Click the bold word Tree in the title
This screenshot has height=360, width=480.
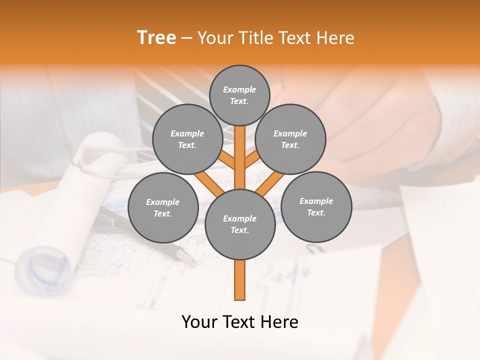click(x=156, y=38)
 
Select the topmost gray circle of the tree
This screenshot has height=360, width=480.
click(x=239, y=95)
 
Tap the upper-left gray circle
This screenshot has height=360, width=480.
click(x=187, y=139)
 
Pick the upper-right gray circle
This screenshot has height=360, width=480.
click(x=290, y=139)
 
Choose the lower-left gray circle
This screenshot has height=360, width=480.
click(x=162, y=207)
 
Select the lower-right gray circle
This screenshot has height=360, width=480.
click(x=316, y=206)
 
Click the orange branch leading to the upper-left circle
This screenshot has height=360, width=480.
click(x=227, y=161)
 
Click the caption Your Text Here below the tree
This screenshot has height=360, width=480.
click(x=239, y=322)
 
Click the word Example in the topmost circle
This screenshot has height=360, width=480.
click(x=239, y=89)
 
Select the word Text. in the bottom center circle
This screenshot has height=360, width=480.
click(x=239, y=230)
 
